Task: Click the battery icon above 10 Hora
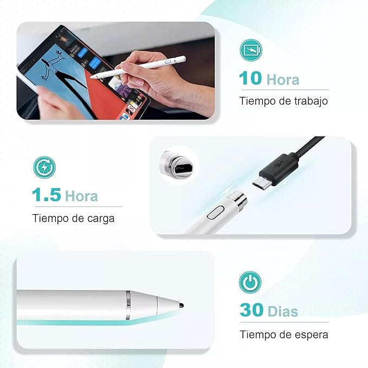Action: point(251,51)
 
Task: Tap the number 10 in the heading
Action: point(250,79)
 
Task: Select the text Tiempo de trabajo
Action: point(283,101)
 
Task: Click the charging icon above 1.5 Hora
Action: point(44,167)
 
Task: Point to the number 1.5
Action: point(46,195)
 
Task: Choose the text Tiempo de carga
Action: point(73,218)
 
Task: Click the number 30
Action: point(251,311)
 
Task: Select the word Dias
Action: point(283,312)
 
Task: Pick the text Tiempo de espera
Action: point(283,334)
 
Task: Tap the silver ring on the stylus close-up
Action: point(129,305)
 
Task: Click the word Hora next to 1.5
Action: point(81,196)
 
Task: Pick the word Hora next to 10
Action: point(282,79)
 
